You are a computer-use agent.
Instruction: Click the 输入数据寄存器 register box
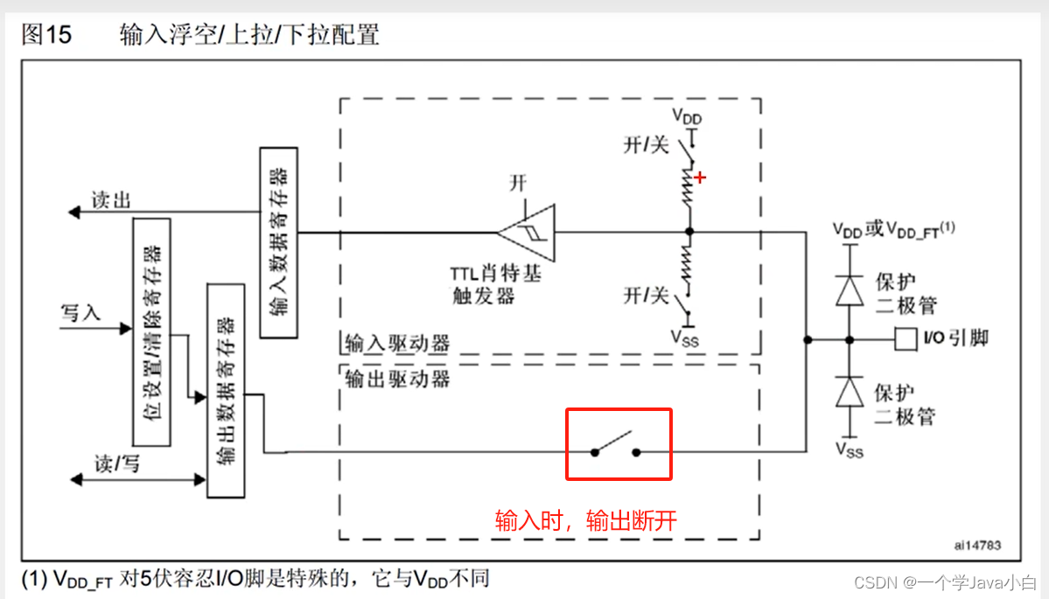279,243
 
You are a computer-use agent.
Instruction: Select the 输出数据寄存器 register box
225,390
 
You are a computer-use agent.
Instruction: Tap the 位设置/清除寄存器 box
150,332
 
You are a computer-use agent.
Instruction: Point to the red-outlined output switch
619,443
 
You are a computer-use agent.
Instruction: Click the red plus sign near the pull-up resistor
699,178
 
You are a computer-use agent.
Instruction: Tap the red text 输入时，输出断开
586,521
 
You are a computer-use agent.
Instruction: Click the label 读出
111,200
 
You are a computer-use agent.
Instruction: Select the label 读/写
117,463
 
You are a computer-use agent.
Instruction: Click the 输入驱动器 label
397,343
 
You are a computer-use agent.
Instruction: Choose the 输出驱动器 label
397,378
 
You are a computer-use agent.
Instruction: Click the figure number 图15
46,35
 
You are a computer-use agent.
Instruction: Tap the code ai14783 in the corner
977,545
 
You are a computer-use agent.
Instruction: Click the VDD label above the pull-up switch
687,116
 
